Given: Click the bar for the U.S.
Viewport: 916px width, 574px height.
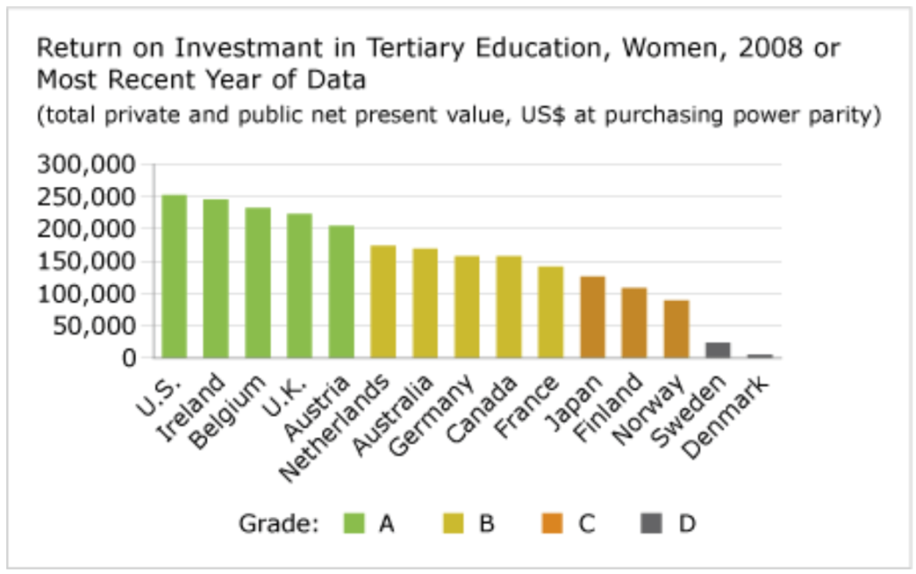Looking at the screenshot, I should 174,276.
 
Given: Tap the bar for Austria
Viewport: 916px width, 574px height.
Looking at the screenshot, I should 341,291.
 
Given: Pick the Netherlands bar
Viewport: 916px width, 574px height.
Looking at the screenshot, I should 383,301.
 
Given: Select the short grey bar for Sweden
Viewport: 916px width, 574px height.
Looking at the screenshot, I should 717,350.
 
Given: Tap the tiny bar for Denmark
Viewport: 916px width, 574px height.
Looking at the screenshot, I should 759,355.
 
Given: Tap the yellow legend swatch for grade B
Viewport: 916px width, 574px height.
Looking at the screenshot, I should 454,523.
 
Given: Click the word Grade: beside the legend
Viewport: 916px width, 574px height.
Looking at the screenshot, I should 278,523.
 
